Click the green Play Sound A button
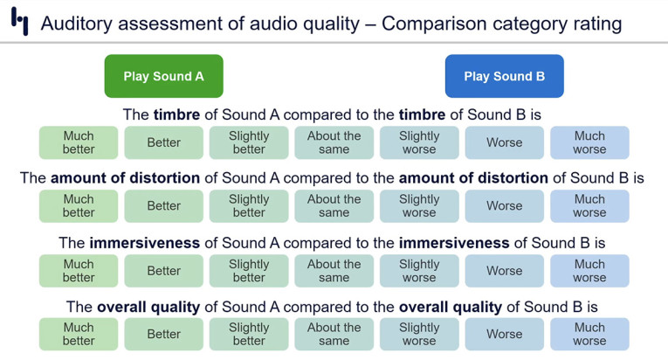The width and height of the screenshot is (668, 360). click(163, 76)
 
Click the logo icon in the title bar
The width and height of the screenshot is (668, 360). click(19, 22)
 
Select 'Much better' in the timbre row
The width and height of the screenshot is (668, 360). click(79, 142)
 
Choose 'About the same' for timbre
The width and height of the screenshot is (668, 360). click(334, 142)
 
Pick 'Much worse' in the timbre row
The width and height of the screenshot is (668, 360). click(589, 142)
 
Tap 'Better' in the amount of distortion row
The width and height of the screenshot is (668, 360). click(163, 206)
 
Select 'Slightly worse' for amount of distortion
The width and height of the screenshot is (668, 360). click(419, 206)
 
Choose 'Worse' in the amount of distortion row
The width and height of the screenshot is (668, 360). click(504, 206)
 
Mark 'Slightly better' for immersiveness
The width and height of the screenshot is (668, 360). click(249, 271)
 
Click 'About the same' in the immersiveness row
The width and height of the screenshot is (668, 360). click(334, 271)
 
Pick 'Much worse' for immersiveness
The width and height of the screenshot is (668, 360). click(589, 271)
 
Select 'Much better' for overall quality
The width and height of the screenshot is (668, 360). click(79, 335)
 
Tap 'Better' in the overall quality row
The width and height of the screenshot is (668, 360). click(163, 335)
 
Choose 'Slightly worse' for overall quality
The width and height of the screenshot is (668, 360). click(419, 335)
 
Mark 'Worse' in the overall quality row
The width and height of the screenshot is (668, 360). click(504, 335)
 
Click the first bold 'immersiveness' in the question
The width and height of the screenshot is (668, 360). click(146, 243)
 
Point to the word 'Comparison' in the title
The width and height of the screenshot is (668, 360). click(434, 24)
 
